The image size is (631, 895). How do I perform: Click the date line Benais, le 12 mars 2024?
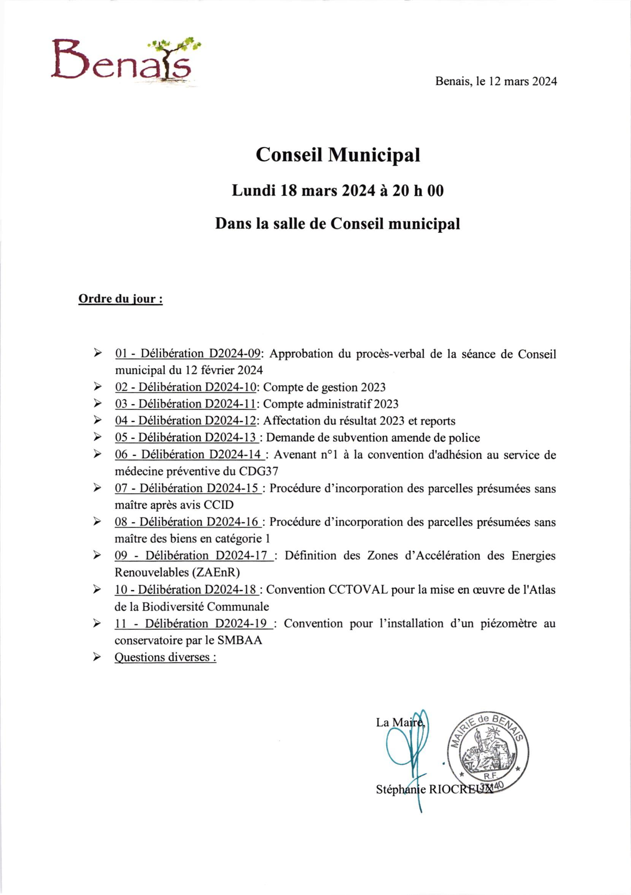pos(496,81)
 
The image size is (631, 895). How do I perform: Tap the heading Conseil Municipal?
pos(338,155)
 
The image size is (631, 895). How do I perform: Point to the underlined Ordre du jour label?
pos(120,299)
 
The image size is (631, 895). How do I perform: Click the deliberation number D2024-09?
pos(235,354)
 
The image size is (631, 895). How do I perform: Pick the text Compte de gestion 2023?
pos(324,387)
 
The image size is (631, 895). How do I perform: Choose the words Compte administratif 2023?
pos(330,404)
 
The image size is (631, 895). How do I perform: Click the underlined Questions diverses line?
pos(165,657)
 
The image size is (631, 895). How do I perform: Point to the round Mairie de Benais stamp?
pos(487,752)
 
